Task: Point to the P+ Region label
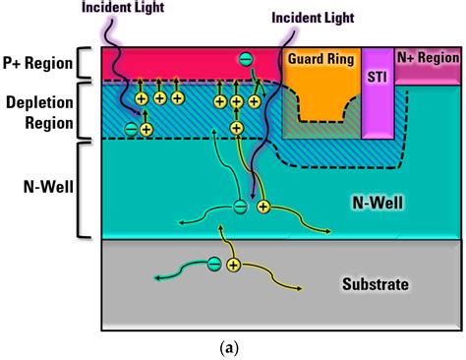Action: [38, 64]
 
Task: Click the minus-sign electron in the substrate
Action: [214, 264]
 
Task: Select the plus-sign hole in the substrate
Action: [234, 265]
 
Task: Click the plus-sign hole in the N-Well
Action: [262, 207]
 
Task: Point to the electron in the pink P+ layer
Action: [245, 59]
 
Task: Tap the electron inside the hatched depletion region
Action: [130, 128]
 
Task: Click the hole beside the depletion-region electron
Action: [146, 129]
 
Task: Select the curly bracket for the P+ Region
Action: [87, 63]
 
